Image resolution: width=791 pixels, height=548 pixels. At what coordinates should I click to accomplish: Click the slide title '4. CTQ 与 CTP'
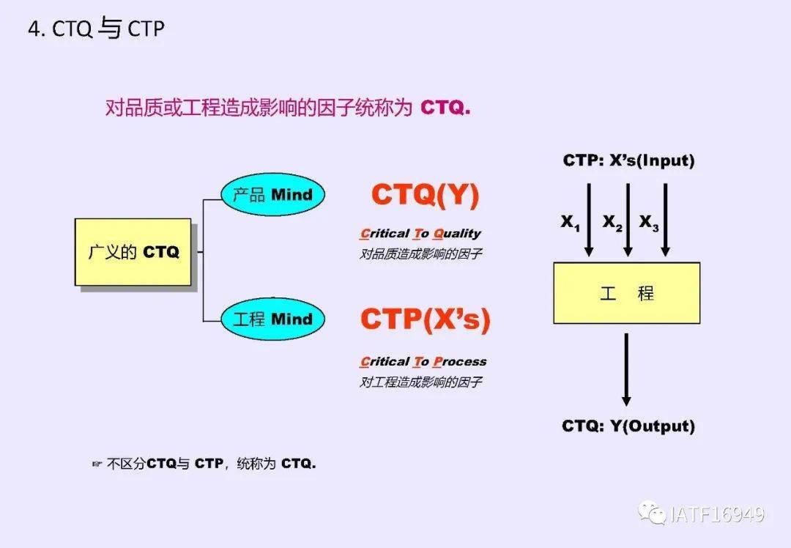(x=96, y=29)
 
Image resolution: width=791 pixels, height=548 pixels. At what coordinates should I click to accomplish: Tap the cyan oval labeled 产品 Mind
(x=272, y=195)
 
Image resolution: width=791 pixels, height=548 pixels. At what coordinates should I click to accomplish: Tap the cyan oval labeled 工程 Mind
(x=272, y=319)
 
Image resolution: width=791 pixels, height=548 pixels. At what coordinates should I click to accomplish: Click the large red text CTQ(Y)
(x=425, y=195)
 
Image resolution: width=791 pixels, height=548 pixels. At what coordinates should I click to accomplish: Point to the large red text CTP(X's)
(x=425, y=319)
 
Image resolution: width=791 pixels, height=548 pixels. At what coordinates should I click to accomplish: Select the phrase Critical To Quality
(x=420, y=234)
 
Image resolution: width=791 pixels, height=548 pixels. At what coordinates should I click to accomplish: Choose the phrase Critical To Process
(x=423, y=361)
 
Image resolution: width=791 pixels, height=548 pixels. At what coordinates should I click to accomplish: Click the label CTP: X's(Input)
(x=628, y=160)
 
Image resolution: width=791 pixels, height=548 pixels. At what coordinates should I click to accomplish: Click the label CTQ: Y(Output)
(x=628, y=426)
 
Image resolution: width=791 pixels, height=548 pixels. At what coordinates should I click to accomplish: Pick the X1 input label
(x=571, y=223)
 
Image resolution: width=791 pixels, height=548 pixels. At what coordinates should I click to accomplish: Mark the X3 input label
(x=649, y=223)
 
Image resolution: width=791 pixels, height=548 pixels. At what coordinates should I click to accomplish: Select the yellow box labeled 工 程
(x=626, y=293)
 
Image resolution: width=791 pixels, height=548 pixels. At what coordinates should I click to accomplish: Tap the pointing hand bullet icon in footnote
(x=97, y=464)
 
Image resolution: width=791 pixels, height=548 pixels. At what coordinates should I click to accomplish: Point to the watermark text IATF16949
(x=717, y=514)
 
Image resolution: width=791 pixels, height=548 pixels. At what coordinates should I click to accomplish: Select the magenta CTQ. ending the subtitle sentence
(x=445, y=108)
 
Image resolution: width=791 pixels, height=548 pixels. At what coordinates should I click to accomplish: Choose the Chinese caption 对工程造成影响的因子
(x=420, y=382)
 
